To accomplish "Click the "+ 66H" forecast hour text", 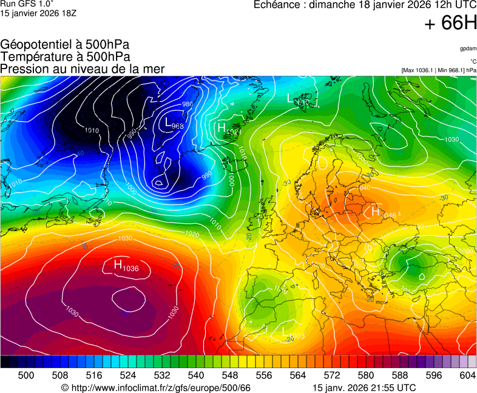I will click(450, 23).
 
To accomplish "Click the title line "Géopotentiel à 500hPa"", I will click(65, 45).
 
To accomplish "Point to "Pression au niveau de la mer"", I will click(83, 69).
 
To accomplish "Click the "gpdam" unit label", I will click(468, 48).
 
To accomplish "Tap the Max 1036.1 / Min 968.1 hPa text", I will click(439, 70).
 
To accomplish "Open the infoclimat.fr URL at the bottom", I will click(156, 388).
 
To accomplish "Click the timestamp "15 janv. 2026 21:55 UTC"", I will click(364, 388).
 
